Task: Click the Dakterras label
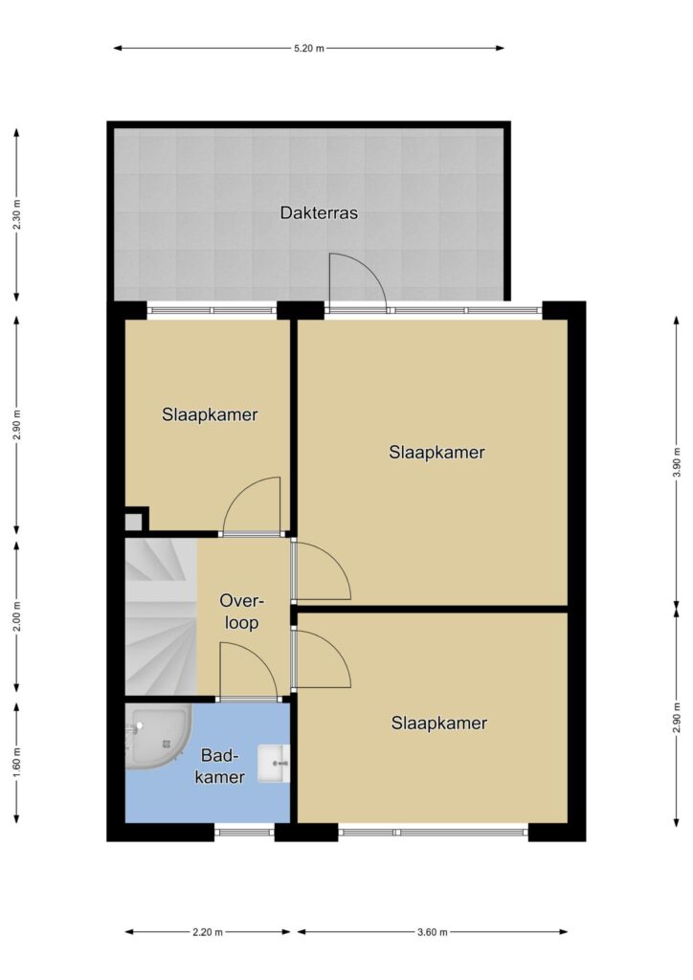coord(319,213)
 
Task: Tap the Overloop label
coord(242,612)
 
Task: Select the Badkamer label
coord(220,767)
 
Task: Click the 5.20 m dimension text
coord(309,48)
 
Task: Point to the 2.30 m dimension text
coord(17,214)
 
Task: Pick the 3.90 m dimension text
coord(676,462)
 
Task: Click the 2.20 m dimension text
coord(208,932)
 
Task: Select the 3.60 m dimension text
coord(432,932)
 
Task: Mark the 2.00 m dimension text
coord(17,616)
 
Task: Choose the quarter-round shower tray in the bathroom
coord(156,736)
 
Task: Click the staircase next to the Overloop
coord(161,617)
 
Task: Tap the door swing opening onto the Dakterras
coord(358,281)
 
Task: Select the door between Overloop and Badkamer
coord(248,671)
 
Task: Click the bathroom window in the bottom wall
coord(244,832)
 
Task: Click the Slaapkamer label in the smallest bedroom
coord(210,415)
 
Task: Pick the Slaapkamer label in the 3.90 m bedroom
coord(436,453)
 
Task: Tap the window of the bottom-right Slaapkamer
coord(433,832)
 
